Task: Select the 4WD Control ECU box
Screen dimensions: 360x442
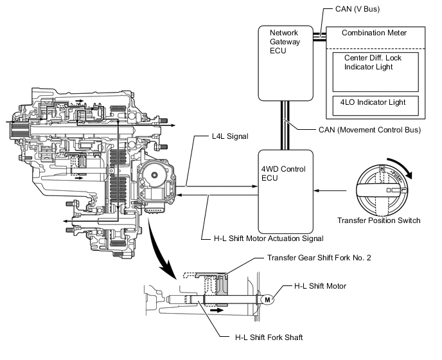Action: point(285,191)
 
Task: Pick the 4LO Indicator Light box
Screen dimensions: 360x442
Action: point(375,104)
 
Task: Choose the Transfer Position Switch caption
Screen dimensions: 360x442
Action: point(379,221)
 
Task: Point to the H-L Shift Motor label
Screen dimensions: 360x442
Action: point(321,285)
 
